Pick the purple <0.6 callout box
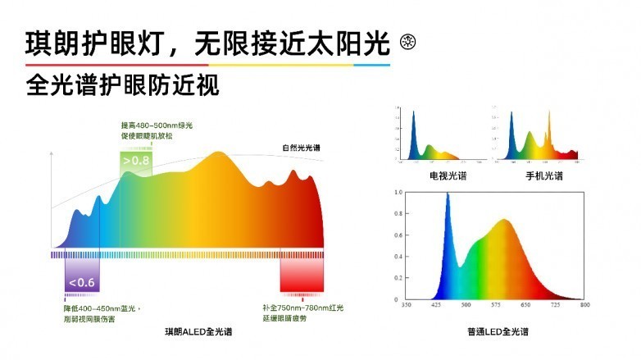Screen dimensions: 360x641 82,283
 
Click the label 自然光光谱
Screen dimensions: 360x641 302,148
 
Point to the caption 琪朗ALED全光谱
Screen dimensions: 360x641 198,331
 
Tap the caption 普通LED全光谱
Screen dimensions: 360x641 497,331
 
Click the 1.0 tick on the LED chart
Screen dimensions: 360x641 398,192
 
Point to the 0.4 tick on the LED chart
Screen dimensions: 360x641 398,257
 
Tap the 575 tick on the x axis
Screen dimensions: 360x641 496,305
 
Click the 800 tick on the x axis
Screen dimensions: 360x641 584,305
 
